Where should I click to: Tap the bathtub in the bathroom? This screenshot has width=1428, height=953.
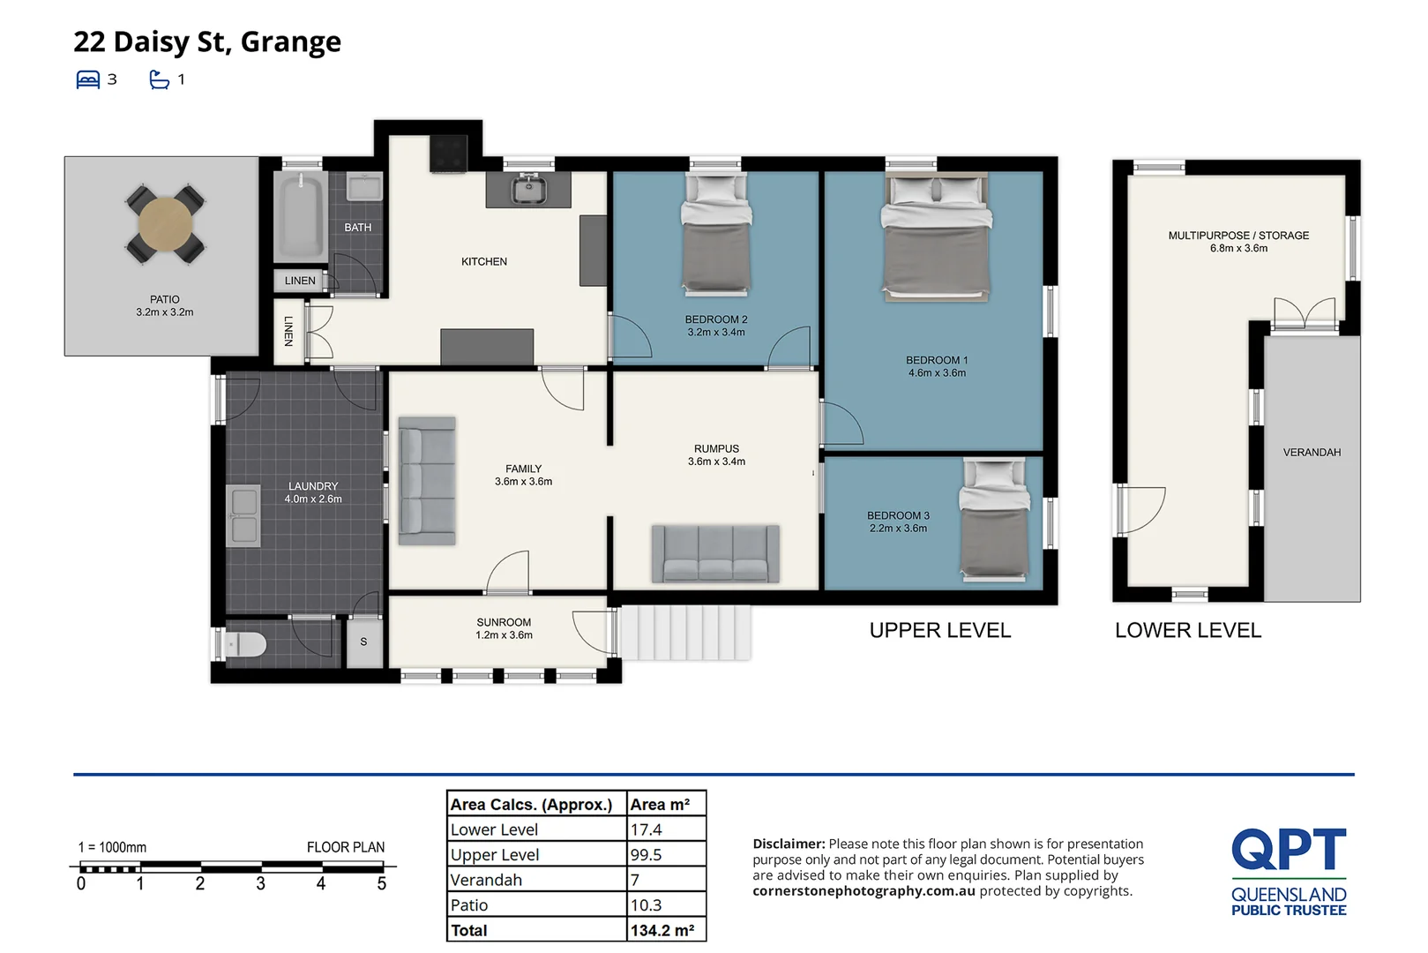301,216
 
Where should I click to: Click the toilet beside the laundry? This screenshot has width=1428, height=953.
246,645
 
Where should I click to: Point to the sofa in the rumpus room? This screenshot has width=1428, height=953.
715,554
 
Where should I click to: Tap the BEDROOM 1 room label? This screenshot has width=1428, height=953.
937,360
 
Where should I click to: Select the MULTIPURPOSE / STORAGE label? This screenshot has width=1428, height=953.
1238,236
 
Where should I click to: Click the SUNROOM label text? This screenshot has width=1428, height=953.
504,622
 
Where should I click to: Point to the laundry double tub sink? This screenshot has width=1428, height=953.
243,515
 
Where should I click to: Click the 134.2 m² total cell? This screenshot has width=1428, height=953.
662,930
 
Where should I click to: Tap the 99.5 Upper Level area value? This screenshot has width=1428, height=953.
647,854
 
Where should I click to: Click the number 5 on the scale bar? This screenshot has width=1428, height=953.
382,883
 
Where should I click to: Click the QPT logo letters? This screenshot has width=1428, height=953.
1289,849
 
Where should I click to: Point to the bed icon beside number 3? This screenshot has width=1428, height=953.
88,79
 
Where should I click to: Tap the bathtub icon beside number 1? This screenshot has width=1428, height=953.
159,79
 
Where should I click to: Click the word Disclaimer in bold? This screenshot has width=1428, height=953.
788,844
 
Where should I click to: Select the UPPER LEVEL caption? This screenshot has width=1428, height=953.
940,630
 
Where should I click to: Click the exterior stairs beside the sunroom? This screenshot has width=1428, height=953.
685,632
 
